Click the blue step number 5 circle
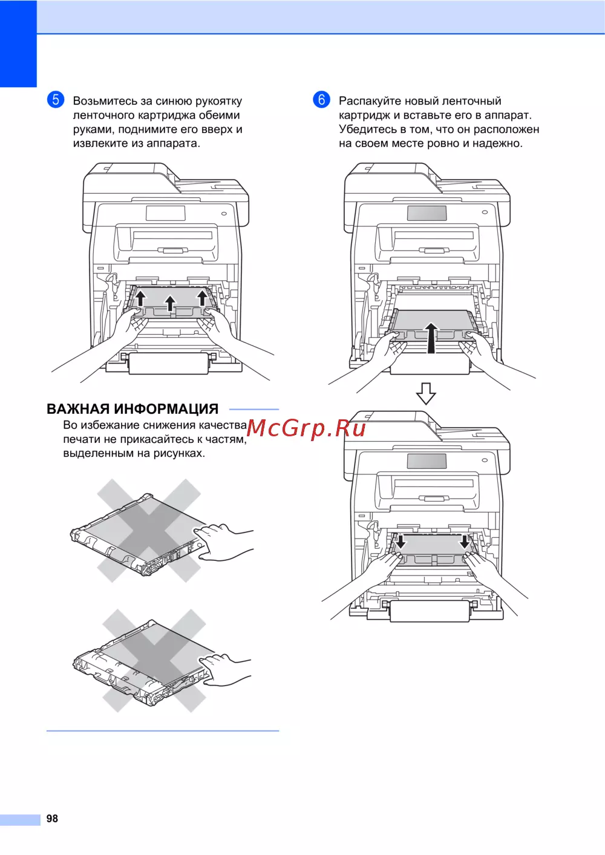pyautogui.click(x=56, y=100)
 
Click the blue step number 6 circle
pyautogui.click(x=321, y=100)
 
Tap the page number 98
pyautogui.click(x=52, y=818)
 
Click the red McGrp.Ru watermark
pyautogui.click(x=306, y=428)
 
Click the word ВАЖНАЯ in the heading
pyautogui.click(x=78, y=409)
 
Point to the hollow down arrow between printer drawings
pyautogui.click(x=426, y=393)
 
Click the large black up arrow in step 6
pyautogui.click(x=431, y=338)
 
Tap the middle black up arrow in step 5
pyautogui.click(x=170, y=303)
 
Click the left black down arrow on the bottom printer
pyautogui.click(x=401, y=542)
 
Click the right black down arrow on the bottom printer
pyautogui.click(x=465, y=542)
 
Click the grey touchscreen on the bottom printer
pyautogui.click(x=427, y=461)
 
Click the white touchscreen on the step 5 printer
pyautogui.click(x=166, y=213)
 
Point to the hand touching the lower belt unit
pyautogui.click(x=225, y=670)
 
